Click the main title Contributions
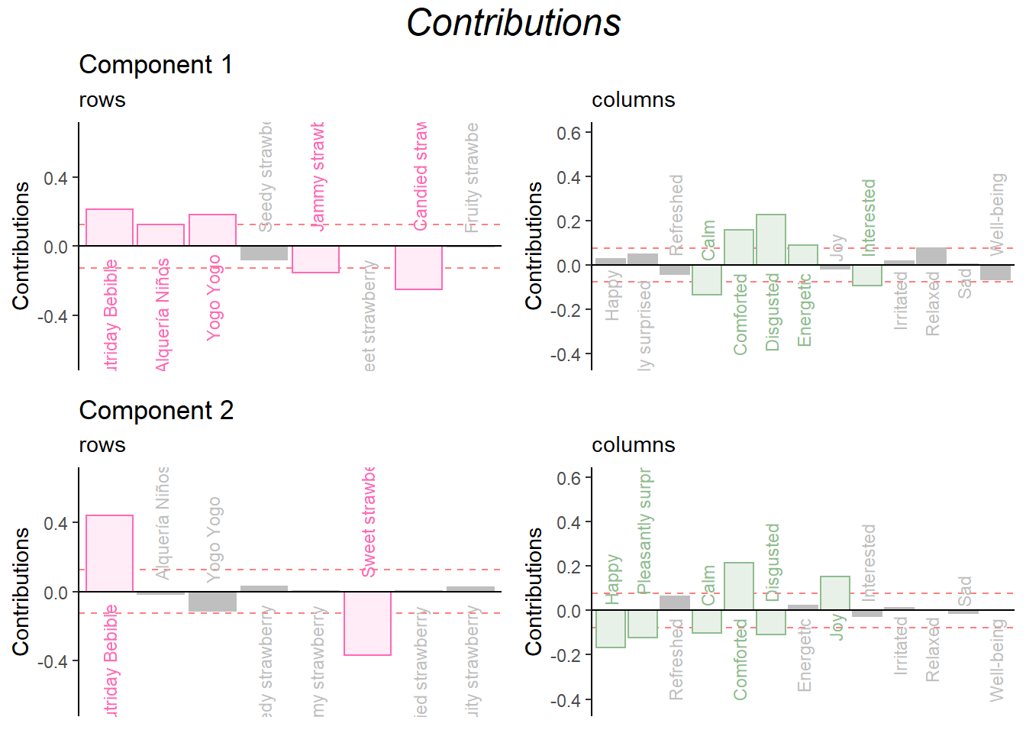[x=513, y=23]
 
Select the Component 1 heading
[x=156, y=65]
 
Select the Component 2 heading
[x=156, y=411]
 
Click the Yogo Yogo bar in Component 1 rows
[x=212, y=231]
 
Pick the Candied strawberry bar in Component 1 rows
[x=418, y=267]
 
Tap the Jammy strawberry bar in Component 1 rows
[x=315, y=259]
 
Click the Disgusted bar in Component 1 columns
[x=771, y=240]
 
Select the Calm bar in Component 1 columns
[x=707, y=279]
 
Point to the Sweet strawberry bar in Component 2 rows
[x=367, y=623]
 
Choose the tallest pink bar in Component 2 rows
[x=109, y=554]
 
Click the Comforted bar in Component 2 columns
[x=739, y=586]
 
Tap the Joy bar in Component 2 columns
[x=835, y=593]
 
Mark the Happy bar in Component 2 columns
[x=611, y=628]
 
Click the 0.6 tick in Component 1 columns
[x=569, y=134]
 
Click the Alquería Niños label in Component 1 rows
[x=162, y=315]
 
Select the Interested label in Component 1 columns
[x=869, y=216]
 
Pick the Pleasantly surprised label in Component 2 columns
[x=644, y=531]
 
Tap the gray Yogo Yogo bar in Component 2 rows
[x=212, y=602]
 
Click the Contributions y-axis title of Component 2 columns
[x=534, y=591]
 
